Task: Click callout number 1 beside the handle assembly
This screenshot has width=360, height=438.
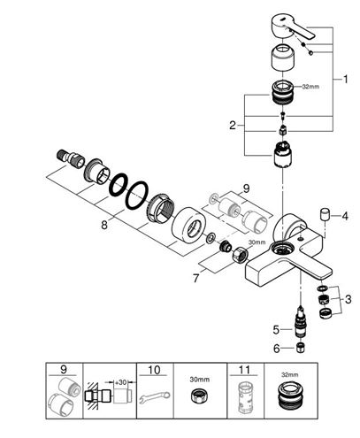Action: click(345, 79)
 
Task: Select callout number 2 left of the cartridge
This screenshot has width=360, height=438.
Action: click(233, 126)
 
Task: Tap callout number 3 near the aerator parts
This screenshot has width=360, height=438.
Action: click(349, 299)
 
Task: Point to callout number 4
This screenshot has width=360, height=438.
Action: click(345, 216)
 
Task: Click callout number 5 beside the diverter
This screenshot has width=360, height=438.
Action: click(276, 330)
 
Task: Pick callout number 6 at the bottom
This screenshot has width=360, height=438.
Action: click(276, 349)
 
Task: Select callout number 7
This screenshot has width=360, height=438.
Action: click(196, 278)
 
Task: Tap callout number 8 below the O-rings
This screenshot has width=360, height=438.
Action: click(104, 226)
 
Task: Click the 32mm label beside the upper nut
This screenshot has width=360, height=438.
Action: click(310, 87)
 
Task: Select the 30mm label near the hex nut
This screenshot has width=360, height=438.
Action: click(257, 242)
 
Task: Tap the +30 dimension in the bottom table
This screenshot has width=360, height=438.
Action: click(120, 382)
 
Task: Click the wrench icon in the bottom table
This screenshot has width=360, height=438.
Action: click(155, 397)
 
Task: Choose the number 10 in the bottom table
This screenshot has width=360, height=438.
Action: click(155, 370)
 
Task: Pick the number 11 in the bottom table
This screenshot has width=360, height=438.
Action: click(245, 370)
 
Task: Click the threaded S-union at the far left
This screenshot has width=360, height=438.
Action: click(70, 157)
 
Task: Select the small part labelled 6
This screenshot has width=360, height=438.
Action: click(300, 349)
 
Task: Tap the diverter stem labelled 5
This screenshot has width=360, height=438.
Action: click(300, 323)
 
